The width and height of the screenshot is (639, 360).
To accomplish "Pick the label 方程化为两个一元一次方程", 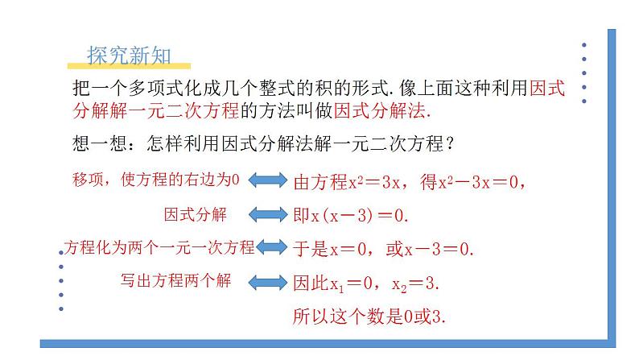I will (158, 247).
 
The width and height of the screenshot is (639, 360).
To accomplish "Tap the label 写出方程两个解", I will (175, 281).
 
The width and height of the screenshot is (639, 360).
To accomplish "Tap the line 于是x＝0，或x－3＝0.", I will (381, 249).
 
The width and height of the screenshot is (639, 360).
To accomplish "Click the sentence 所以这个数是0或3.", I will (369, 317).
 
